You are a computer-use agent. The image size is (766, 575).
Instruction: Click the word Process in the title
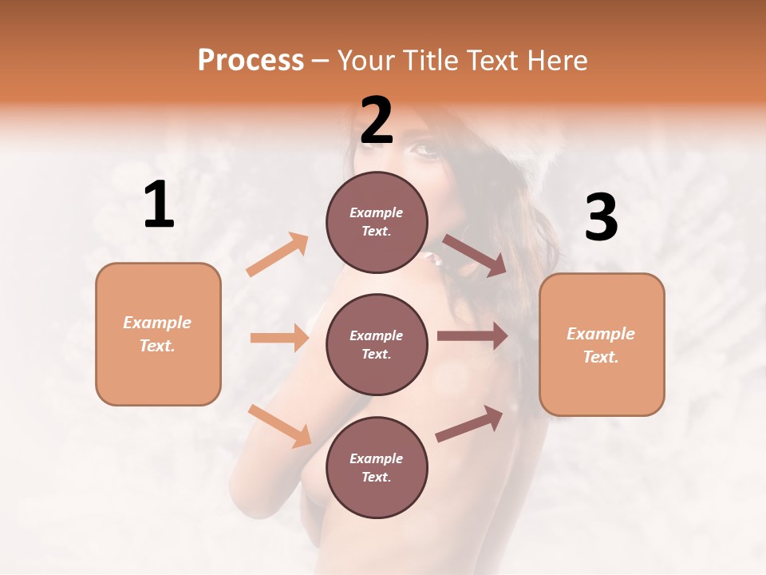pos(251,61)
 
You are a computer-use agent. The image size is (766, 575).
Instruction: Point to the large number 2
pos(377,121)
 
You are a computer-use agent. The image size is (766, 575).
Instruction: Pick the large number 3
pos(601,217)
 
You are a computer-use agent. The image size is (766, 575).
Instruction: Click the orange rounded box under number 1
pos(158,334)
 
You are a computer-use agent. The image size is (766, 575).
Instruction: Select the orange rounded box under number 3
pos(602,344)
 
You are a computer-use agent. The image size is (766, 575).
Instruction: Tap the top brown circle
pos(377,222)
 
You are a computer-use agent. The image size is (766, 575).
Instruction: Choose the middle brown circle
pos(377,344)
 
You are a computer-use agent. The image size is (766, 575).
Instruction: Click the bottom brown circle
pos(377,467)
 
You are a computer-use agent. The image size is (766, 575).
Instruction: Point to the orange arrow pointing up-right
pos(278,255)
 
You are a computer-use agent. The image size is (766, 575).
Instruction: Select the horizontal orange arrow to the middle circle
pos(279,338)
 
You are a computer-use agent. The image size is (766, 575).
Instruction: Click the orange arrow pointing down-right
pos(279,426)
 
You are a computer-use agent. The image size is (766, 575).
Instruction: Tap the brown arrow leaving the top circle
pos(474,256)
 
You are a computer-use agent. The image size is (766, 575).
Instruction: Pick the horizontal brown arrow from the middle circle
pos(472,336)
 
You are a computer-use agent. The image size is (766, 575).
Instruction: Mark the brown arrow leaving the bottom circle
pos(469,423)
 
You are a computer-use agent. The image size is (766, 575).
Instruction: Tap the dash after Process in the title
pos(320,61)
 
